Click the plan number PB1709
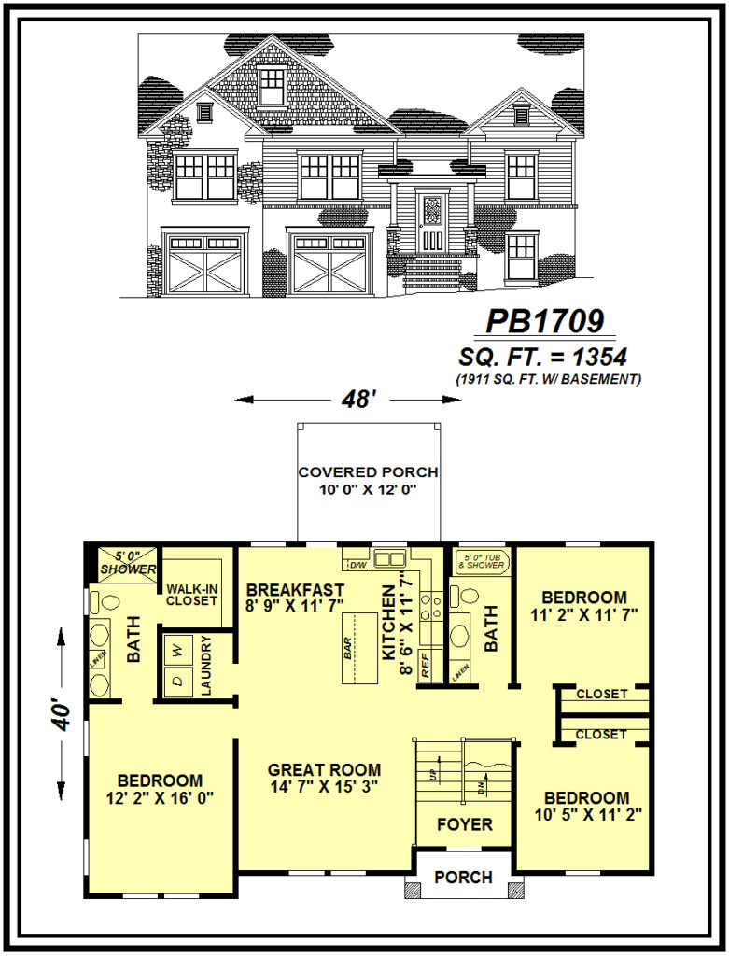click(549, 321)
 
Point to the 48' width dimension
click(346, 400)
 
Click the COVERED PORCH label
click(368, 472)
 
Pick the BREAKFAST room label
click(295, 590)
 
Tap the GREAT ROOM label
click(324, 770)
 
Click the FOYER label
click(464, 824)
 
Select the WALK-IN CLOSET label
click(192, 595)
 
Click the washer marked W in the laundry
click(177, 647)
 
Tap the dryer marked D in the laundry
click(177, 681)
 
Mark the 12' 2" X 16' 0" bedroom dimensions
click(160, 798)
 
